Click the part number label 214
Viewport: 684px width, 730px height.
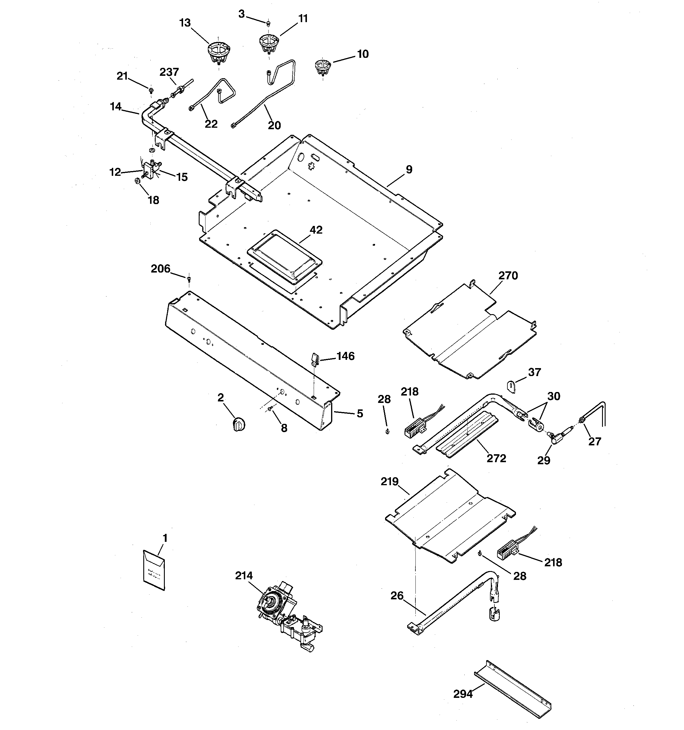tap(244, 575)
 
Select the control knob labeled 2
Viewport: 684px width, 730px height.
tap(239, 424)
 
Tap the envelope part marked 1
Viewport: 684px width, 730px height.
tap(154, 570)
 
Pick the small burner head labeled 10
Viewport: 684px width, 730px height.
tap(323, 68)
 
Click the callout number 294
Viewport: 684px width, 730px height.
tap(463, 694)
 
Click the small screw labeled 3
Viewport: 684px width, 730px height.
tap(268, 23)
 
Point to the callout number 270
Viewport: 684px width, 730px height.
tap(508, 275)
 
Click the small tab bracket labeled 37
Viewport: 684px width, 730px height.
tap(512, 387)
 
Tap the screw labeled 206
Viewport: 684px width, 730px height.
tap(189, 279)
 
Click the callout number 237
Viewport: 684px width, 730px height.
tap(169, 72)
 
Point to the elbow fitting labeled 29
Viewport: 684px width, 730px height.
tap(555, 436)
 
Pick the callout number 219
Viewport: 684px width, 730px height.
tap(389, 481)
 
